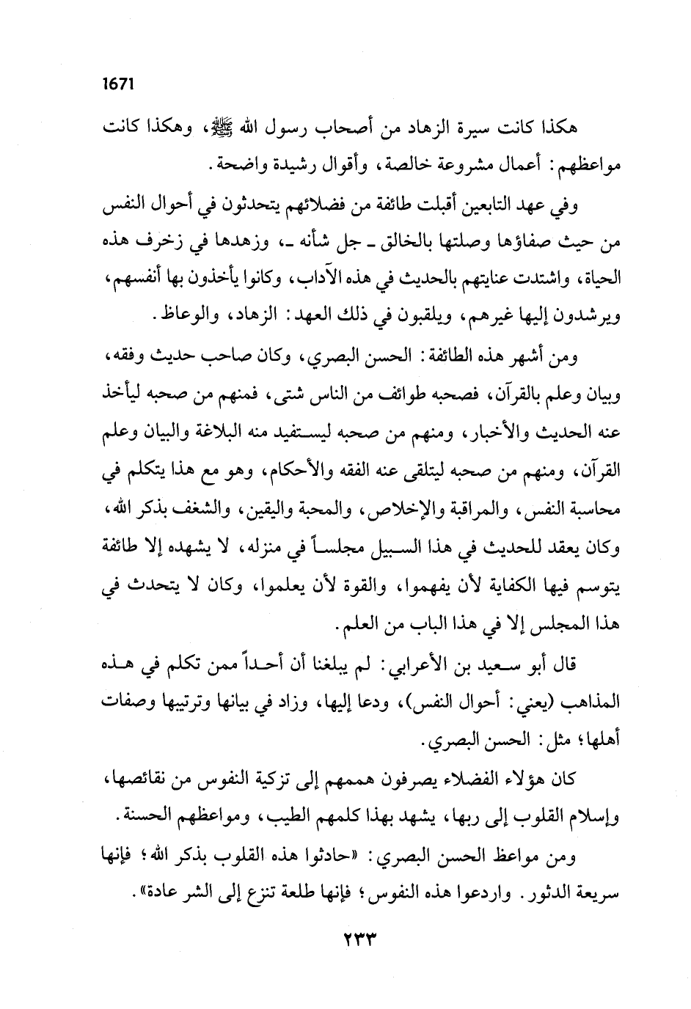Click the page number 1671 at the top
tap(117, 83)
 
